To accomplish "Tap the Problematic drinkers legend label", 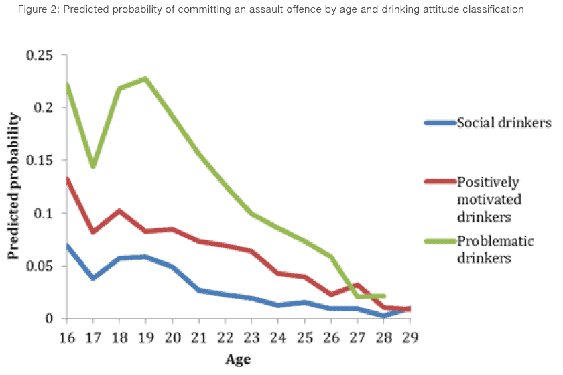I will [495, 249].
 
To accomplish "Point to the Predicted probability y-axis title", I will [14, 187].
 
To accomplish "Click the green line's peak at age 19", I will [145, 79].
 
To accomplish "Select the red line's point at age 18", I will [119, 211].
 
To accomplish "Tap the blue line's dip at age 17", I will [93, 277].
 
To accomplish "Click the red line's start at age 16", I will [67, 179].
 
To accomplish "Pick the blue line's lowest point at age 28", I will [382, 315].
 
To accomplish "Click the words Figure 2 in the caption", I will [29, 10].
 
